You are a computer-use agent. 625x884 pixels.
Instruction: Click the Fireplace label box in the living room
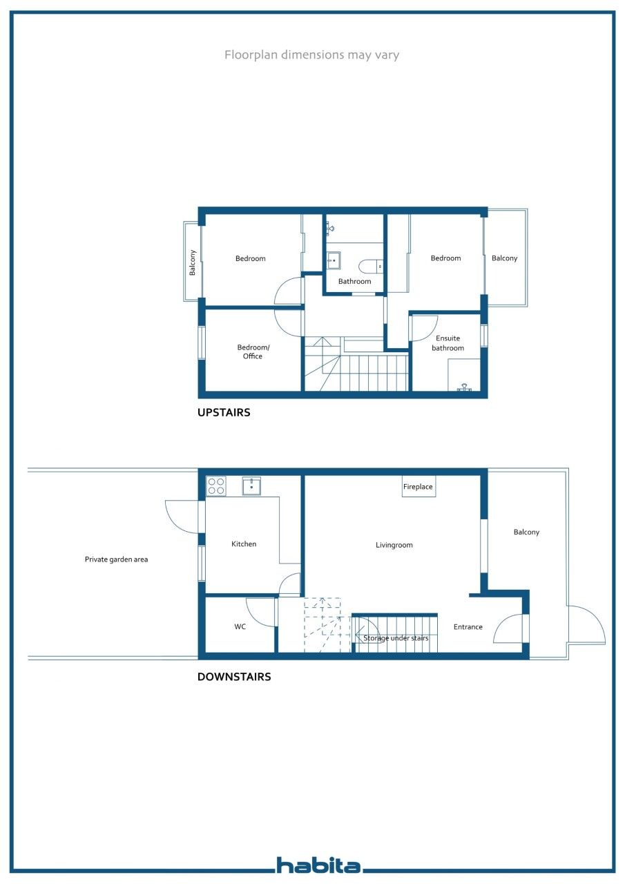pos(419,487)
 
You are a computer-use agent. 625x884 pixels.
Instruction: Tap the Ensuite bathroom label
pos(448,343)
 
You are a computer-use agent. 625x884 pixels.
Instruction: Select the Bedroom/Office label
pos(253,352)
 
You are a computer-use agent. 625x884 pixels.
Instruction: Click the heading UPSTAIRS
pos(224,412)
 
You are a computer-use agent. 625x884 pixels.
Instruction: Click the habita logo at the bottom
pos(318,865)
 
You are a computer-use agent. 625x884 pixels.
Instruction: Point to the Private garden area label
pos(117,559)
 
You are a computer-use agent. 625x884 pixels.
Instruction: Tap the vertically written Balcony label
pos(192,262)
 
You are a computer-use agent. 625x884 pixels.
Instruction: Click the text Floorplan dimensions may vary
pos(311,55)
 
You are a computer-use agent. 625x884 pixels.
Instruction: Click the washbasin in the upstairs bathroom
pos(334,260)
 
